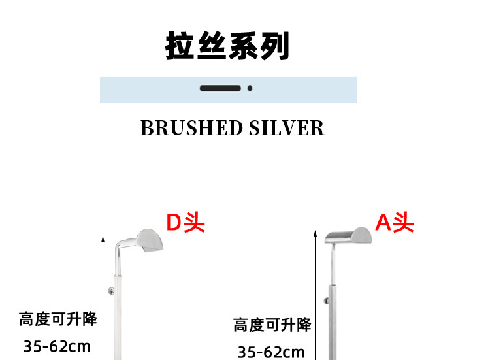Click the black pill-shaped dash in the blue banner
(x=220, y=88)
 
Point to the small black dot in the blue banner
(x=250, y=88)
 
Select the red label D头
(x=185, y=223)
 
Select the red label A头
(x=395, y=223)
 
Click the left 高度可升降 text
(x=57, y=319)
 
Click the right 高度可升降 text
(x=272, y=325)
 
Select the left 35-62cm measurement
(x=57, y=346)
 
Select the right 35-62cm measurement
(x=271, y=352)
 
